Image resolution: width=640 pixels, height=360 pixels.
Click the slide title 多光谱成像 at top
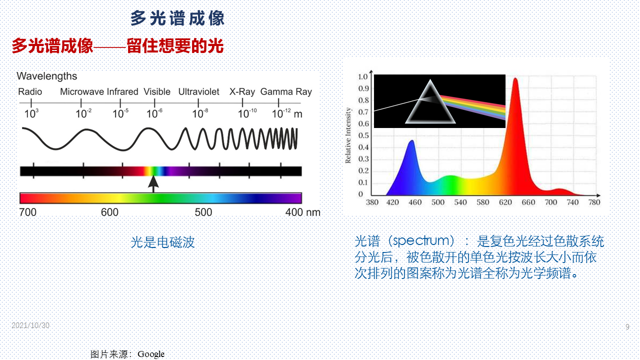[177, 18]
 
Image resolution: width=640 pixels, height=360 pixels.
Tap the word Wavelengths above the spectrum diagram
[47, 76]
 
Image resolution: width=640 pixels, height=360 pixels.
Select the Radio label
[30, 91]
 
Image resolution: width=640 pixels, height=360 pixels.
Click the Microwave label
[82, 91]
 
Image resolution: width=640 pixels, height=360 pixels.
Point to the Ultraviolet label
[199, 91]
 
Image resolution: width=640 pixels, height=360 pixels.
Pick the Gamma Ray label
[286, 91]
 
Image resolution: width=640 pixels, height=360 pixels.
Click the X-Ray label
[242, 91]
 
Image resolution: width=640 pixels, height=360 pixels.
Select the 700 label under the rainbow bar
[27, 212]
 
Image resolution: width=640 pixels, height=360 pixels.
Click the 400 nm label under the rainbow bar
[303, 212]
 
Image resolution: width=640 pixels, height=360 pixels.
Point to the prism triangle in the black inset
[430, 102]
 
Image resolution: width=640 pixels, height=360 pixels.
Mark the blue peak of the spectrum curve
[411, 141]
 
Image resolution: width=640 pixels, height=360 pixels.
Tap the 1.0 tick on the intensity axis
[363, 76]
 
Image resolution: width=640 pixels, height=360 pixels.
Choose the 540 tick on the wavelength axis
[460, 202]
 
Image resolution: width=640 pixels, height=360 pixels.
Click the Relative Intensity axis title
[348, 135]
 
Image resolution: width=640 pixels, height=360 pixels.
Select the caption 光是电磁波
[162, 242]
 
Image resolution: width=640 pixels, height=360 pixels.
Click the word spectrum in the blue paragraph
[421, 241]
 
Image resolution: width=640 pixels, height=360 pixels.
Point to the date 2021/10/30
[30, 325]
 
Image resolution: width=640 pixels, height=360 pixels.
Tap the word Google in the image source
[151, 354]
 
